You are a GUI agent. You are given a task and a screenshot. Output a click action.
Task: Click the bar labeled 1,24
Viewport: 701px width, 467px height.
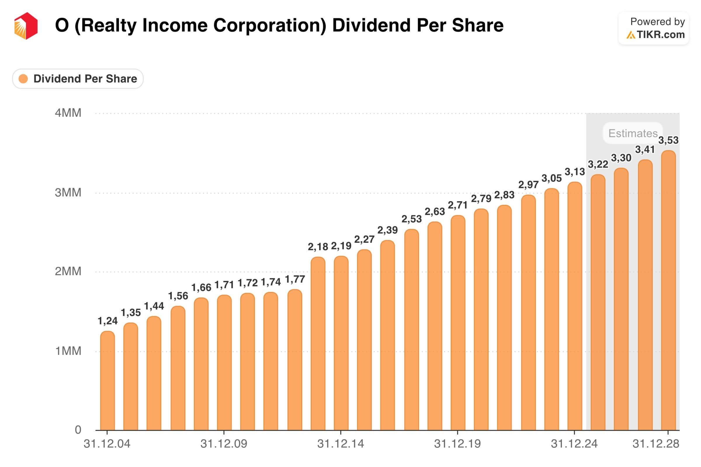[107, 381]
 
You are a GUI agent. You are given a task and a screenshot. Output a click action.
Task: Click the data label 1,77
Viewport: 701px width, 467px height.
[295, 279]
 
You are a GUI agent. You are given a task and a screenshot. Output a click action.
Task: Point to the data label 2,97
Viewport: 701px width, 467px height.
[528, 185]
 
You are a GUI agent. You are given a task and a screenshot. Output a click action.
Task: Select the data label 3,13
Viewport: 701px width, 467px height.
[575, 172]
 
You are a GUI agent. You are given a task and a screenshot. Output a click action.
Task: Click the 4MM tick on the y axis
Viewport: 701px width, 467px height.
[68, 113]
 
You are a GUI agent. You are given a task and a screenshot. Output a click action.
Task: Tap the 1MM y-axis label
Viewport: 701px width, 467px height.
[68, 351]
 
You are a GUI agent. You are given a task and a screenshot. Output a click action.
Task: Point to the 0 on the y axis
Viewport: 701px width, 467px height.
[78, 430]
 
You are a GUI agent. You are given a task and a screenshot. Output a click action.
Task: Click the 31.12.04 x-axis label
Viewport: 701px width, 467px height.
[107, 444]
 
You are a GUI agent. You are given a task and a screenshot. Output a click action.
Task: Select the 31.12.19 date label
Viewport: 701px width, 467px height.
[457, 444]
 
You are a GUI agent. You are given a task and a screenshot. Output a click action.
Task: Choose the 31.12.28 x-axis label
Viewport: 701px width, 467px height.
[656, 444]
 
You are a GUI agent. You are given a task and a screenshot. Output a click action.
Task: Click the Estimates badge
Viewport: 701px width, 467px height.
[633, 133]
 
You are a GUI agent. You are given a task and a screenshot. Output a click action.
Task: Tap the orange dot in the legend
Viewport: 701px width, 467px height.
[23, 79]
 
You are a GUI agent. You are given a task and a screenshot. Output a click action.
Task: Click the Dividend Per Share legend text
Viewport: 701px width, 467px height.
[85, 79]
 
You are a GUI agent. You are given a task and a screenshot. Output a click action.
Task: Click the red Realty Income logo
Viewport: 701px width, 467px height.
[26, 26]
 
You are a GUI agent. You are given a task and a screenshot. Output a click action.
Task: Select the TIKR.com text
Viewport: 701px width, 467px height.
[660, 35]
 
